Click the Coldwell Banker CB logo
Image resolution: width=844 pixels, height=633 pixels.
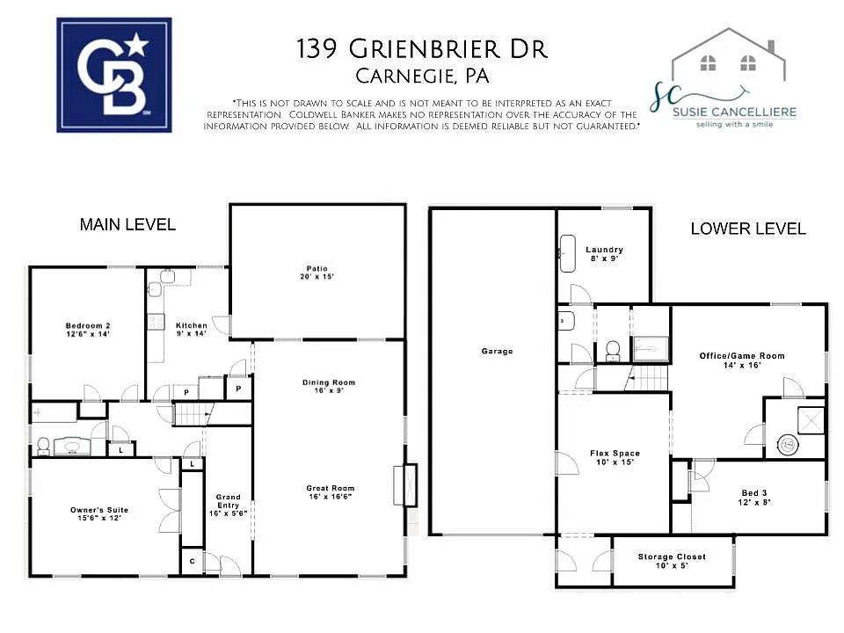tap(114, 76)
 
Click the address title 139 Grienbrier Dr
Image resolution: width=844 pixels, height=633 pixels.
tap(422, 49)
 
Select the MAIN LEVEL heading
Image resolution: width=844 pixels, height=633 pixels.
tap(127, 225)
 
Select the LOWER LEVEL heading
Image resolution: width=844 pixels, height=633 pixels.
tap(747, 229)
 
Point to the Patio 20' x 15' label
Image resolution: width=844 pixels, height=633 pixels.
tap(316, 273)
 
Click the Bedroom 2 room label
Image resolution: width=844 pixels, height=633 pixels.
tap(87, 330)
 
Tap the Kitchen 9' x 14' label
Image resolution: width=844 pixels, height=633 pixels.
tap(192, 330)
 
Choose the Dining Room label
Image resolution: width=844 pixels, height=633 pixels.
tap(329, 387)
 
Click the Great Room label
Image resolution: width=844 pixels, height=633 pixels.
tap(330, 493)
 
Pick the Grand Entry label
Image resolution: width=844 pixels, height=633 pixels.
tap(229, 505)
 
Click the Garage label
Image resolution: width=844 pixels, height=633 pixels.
tap(497, 352)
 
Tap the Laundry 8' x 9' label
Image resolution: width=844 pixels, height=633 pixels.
tap(604, 254)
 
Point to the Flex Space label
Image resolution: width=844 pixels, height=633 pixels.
tap(615, 458)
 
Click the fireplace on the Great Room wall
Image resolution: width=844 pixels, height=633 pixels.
tap(410, 485)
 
